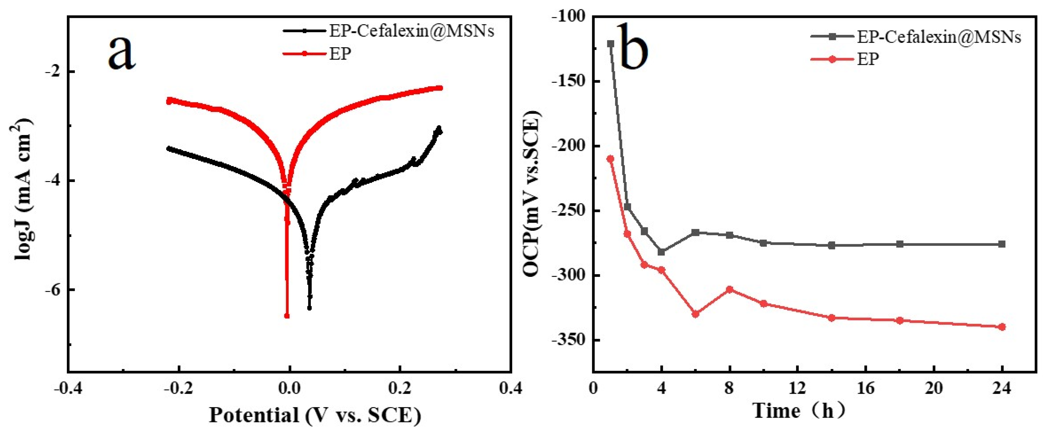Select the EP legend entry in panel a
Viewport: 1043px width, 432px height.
(339, 53)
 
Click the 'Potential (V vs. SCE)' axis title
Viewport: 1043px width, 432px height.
(315, 415)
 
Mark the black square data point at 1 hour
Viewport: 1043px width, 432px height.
(611, 44)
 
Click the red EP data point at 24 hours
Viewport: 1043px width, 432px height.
(1002, 327)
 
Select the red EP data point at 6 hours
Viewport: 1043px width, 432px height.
(696, 314)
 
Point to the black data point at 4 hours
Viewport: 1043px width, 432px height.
(662, 252)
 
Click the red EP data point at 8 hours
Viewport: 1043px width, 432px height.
(730, 289)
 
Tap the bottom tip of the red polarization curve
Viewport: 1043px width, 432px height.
(287, 315)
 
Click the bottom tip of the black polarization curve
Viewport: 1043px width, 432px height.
(309, 308)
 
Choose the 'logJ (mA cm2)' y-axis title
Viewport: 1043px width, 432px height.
(23, 189)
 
